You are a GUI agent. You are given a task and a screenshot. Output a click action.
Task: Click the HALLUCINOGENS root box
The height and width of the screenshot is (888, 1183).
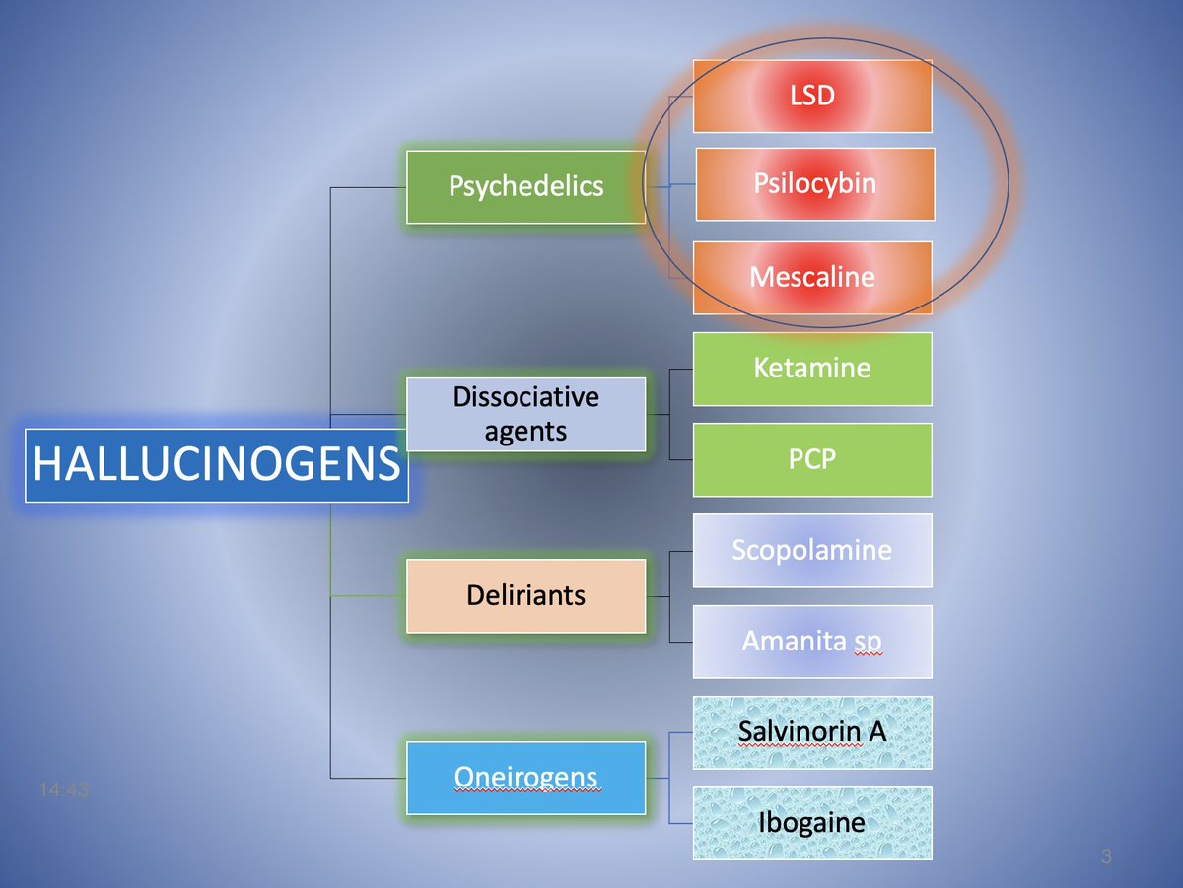click(216, 465)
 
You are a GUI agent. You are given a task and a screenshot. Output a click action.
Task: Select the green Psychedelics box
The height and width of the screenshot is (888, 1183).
click(525, 186)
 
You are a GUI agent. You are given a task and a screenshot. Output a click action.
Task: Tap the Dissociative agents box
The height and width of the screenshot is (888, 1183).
click(525, 414)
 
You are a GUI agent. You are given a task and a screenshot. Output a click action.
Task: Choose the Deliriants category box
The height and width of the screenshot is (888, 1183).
click(525, 595)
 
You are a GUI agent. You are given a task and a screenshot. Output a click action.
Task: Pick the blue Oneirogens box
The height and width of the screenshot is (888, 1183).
click(525, 778)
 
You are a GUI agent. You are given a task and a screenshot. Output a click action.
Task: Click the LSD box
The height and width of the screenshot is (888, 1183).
click(812, 96)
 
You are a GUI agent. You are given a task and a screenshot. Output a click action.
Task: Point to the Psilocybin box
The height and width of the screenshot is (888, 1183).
click(814, 184)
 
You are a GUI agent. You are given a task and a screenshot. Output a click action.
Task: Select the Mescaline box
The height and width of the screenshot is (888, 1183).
click(812, 277)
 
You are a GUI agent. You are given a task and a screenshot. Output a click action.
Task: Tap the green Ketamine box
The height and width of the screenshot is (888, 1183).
click(812, 369)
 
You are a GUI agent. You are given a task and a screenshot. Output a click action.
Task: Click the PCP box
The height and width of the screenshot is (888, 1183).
click(812, 459)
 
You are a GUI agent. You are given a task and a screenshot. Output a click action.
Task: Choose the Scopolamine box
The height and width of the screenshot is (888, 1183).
click(812, 550)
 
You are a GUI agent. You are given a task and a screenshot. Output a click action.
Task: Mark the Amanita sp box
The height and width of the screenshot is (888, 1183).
click(812, 642)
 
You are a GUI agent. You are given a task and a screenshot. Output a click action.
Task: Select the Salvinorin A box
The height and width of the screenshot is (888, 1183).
click(812, 732)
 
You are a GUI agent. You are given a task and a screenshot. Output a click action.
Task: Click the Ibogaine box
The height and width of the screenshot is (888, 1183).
click(812, 823)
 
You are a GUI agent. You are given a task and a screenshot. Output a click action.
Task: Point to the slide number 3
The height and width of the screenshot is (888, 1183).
click(1106, 857)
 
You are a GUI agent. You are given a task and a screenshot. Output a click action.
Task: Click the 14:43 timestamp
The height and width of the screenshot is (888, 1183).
click(63, 789)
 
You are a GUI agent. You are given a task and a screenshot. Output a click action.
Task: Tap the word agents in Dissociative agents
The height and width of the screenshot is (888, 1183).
click(525, 431)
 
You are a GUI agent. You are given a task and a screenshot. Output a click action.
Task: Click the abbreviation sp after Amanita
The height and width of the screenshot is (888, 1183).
click(867, 643)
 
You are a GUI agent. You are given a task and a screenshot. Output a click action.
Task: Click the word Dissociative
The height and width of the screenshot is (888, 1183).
click(525, 397)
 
